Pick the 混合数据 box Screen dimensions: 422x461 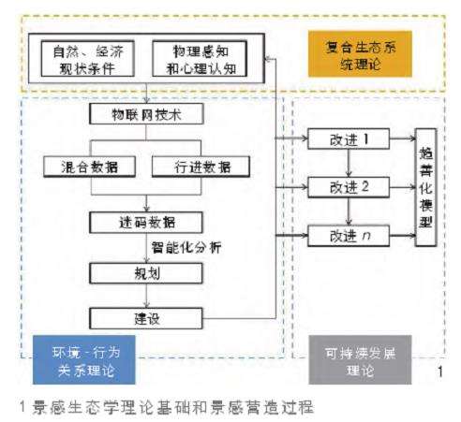(86, 166)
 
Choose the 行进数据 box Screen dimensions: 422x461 (201, 166)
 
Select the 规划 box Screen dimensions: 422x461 (144, 274)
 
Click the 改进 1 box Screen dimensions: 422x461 (349, 143)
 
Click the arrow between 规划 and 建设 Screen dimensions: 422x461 (144, 296)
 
